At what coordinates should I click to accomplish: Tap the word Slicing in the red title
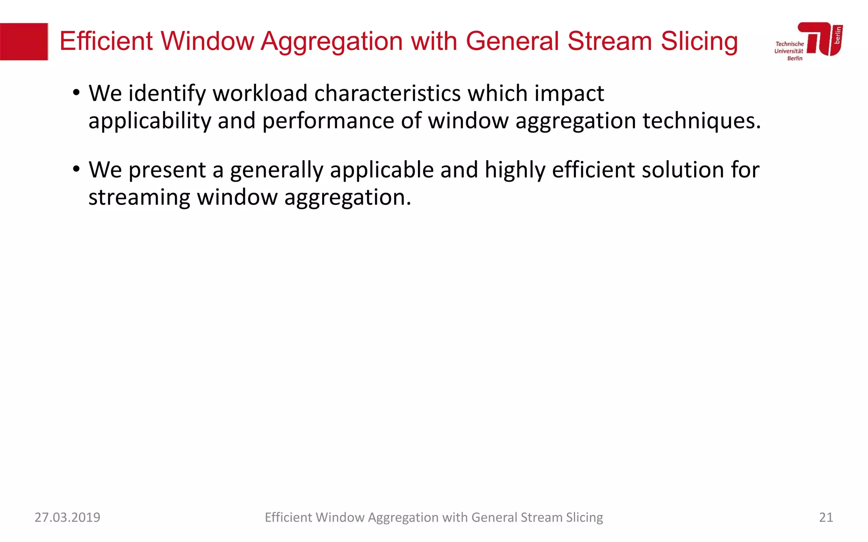pyautogui.click(x=699, y=41)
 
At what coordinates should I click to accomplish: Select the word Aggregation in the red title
pyautogui.click(x=331, y=41)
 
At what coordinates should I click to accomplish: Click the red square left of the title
pyautogui.click(x=24, y=41)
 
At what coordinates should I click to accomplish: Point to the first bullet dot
pyautogui.click(x=76, y=93)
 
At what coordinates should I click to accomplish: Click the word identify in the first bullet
pyautogui.click(x=167, y=94)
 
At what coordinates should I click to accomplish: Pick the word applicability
pyautogui.click(x=150, y=121)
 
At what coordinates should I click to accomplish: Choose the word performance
pyautogui.click(x=328, y=121)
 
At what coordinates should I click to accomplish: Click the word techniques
pyautogui.click(x=701, y=121)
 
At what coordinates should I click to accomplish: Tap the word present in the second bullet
pyautogui.click(x=167, y=170)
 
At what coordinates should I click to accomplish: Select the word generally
pyautogui.click(x=276, y=170)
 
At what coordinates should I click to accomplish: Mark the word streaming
pyautogui.click(x=139, y=198)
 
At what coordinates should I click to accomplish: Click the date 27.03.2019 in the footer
pyautogui.click(x=67, y=517)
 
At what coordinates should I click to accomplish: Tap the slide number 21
pyautogui.click(x=826, y=517)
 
